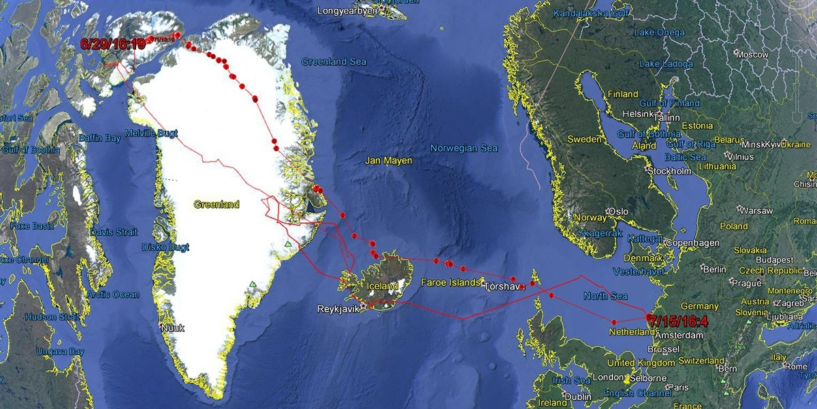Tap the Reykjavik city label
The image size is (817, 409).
[338, 309]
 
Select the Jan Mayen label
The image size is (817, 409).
[389, 161]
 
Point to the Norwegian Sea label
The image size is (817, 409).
[464, 149]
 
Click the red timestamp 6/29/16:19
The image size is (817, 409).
[113, 44]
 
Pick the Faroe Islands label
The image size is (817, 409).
[451, 282]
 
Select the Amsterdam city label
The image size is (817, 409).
[679, 336]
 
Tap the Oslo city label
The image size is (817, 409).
[618, 212]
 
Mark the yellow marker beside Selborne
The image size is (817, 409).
[626, 377]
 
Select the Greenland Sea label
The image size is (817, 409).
[334, 62]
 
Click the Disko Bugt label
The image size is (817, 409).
[165, 247]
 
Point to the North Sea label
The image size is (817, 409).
[605, 296]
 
